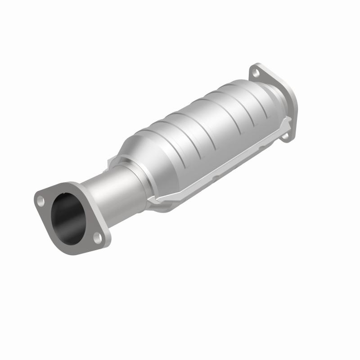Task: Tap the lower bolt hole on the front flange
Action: coord(96,235)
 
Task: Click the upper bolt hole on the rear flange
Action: coord(255,72)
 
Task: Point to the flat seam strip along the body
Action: coord(225,166)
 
